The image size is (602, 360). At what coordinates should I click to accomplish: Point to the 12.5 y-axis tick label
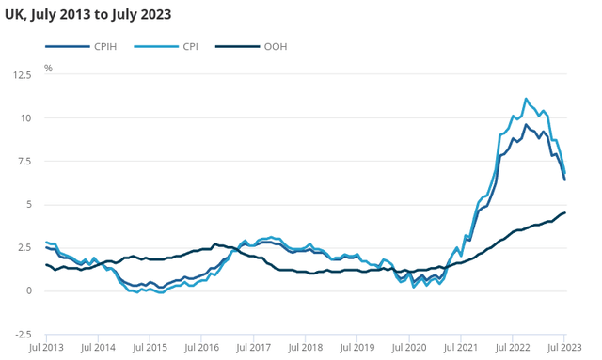tap(21, 74)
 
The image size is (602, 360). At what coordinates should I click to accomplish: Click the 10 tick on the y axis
tap(25, 117)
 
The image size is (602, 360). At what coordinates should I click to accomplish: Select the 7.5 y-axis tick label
tap(24, 161)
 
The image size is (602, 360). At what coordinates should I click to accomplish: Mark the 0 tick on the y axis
tap(28, 290)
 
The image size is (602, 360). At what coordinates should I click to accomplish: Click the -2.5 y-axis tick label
tap(21, 334)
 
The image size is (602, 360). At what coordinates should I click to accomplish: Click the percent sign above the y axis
tap(48, 69)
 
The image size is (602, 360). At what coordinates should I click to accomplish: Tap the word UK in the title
tap(16, 14)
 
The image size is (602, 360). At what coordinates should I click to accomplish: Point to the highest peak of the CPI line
tap(526, 99)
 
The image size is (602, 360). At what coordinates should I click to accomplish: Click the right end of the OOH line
tap(564, 212)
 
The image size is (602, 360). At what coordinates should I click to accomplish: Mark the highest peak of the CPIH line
tap(526, 124)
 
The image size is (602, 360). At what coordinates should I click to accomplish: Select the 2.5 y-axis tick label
tap(24, 247)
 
